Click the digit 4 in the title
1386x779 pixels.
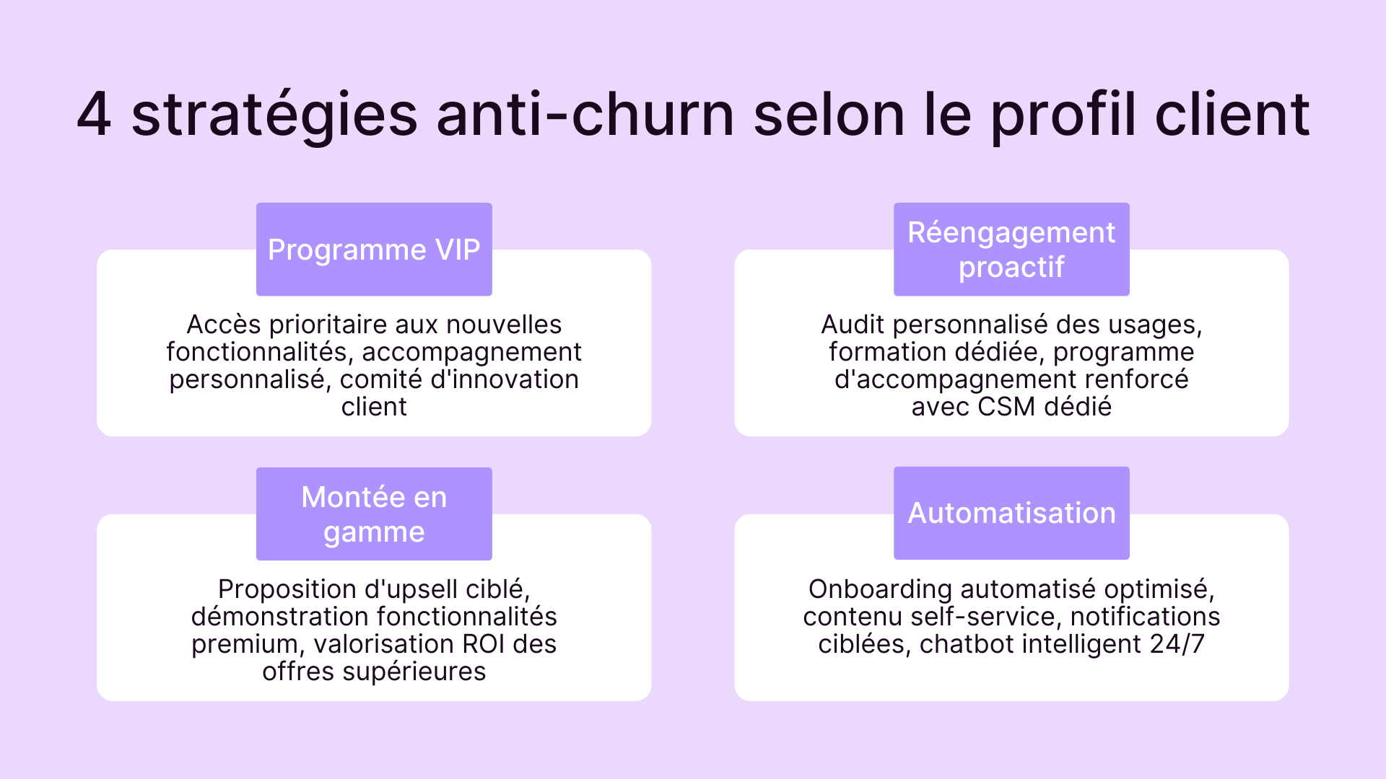coord(95,114)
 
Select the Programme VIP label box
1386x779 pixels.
coord(374,250)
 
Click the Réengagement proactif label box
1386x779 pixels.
coord(1011,250)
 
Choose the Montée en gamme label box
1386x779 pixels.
coord(374,514)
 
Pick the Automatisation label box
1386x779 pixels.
coord(1011,513)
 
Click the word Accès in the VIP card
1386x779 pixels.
coord(224,325)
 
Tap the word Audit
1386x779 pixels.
coord(853,325)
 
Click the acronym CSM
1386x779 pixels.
coord(1006,407)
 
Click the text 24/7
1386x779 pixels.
coord(1177,644)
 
